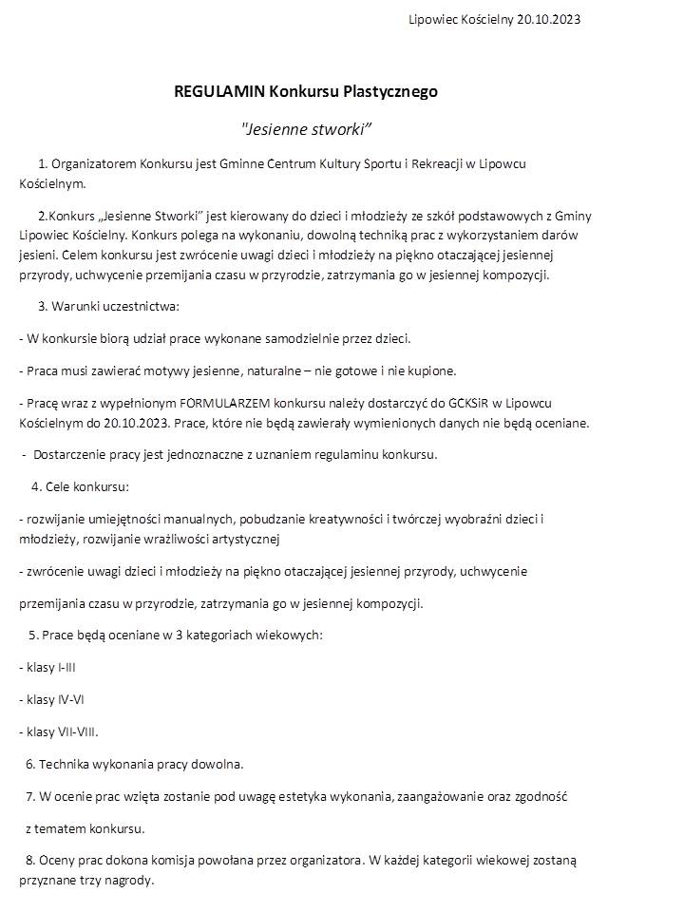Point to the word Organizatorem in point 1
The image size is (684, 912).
pyautogui.click(x=93, y=163)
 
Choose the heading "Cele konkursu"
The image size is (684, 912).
pyautogui.click(x=87, y=486)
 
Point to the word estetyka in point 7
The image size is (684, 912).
pyautogui.click(x=277, y=796)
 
